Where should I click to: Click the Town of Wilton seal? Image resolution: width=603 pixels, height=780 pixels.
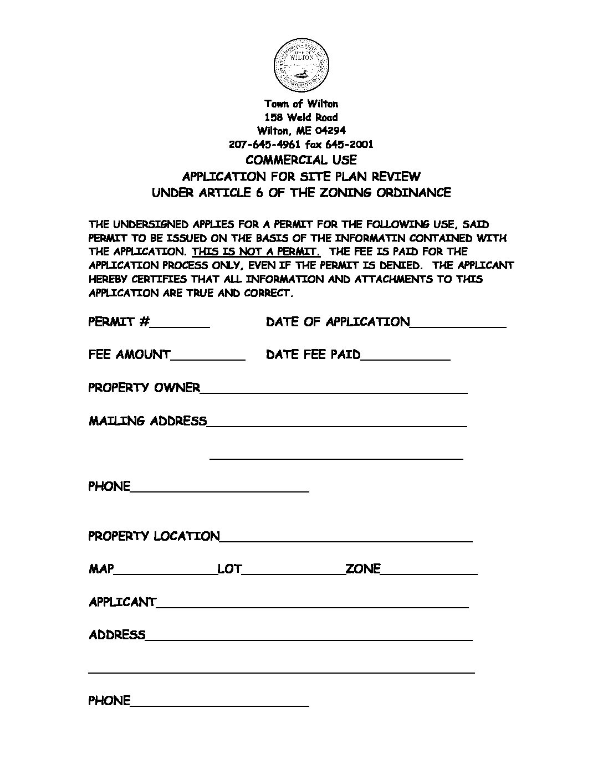point(301,65)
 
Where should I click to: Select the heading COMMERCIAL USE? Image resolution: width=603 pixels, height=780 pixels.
point(301,160)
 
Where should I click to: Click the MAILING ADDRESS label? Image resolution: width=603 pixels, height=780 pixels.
point(147,421)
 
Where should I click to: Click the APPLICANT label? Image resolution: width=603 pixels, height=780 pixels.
point(122,602)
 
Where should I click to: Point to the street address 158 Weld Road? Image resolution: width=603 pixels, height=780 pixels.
point(301,117)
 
